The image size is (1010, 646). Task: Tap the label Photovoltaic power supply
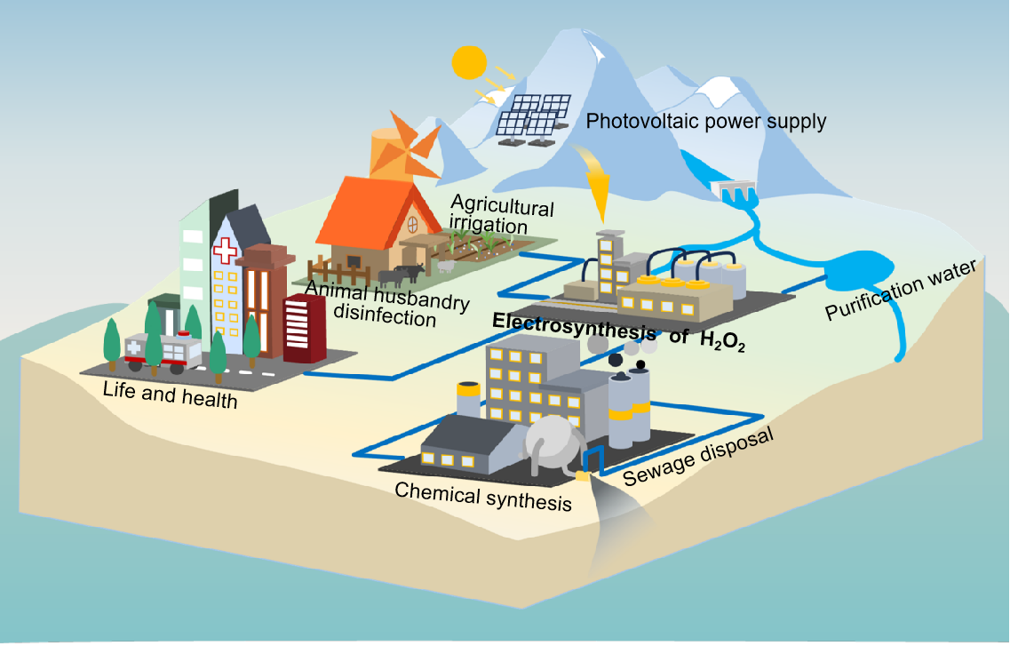point(706,121)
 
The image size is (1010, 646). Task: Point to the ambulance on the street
point(163,349)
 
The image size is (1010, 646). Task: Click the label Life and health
point(170,394)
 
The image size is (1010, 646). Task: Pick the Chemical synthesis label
point(483,496)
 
